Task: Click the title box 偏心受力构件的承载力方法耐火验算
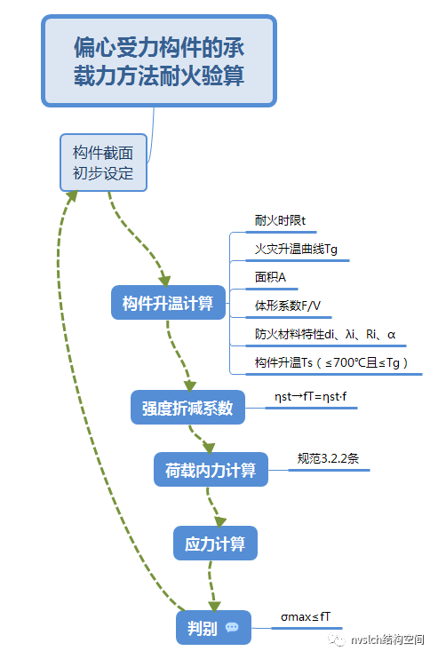[x=159, y=61]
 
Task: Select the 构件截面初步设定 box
[x=103, y=163]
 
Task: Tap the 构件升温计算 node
[x=168, y=304]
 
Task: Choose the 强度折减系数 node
[x=187, y=408]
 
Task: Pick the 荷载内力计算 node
[x=211, y=469]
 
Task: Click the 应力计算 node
[x=215, y=543]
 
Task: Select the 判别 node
[x=203, y=627]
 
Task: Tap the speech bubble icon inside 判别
[x=232, y=627]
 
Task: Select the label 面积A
[x=265, y=277]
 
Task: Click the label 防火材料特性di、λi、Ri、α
[x=325, y=334]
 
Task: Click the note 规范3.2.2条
[x=328, y=459]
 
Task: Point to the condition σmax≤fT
[x=306, y=615]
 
